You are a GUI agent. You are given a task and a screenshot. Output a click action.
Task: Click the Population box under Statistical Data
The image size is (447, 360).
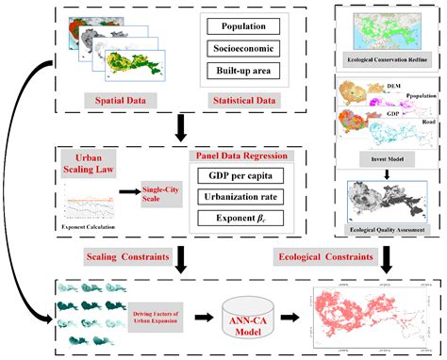tap(244, 28)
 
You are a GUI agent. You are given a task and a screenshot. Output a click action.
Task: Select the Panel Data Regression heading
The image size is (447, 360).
tap(241, 155)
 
